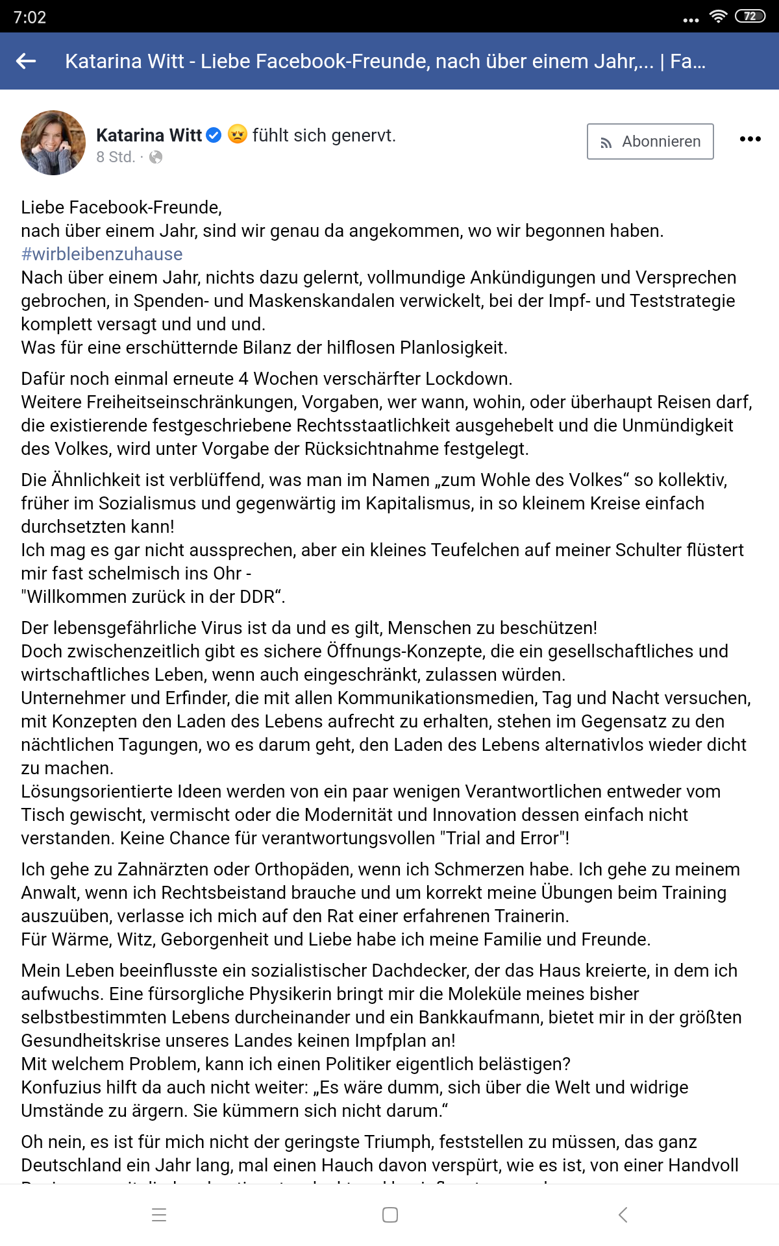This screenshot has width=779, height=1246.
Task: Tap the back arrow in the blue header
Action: point(26,61)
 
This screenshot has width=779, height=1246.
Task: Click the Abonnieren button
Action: point(650,141)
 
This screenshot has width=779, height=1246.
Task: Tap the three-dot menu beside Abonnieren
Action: point(750,139)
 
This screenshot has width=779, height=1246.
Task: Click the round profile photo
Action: point(53,143)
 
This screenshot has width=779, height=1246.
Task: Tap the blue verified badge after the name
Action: point(214,135)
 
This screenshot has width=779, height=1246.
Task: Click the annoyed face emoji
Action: point(238,134)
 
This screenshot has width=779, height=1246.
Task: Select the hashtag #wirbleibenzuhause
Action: point(102,254)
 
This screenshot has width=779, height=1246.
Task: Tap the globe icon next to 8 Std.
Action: point(156,157)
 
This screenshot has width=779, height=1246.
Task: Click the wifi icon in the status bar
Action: point(718,16)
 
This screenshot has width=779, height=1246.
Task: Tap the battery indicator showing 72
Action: point(750,16)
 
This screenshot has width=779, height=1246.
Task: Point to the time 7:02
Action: point(30,18)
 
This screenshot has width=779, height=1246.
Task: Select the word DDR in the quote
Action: point(257,596)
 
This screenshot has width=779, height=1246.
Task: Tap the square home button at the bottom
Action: point(390,1215)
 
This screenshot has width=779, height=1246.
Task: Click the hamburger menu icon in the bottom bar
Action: point(159,1215)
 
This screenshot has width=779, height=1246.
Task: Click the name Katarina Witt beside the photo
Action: point(149,135)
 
